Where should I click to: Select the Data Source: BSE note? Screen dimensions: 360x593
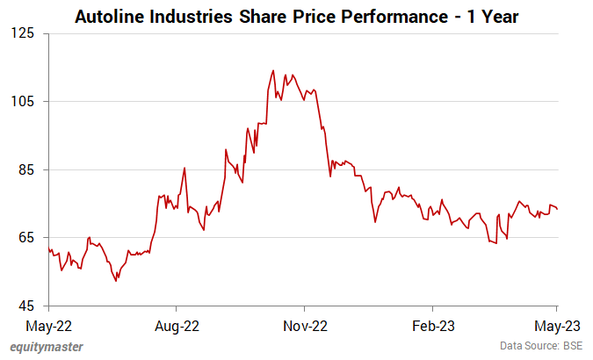(x=542, y=347)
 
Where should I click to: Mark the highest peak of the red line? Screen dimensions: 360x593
(x=274, y=70)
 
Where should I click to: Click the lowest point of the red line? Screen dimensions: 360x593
(x=116, y=281)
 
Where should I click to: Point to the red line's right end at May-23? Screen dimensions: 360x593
(x=558, y=209)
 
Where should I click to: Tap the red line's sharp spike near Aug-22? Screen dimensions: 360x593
(x=184, y=168)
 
